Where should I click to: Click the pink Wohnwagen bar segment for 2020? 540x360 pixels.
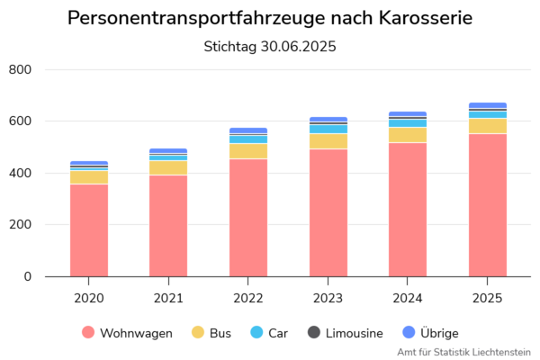coord(89,230)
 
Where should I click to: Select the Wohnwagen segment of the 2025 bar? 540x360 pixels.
coord(488,205)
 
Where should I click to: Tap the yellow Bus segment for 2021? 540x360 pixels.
coord(168,167)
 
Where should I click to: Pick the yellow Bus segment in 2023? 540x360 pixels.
coord(328,141)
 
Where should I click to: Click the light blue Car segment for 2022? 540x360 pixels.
coord(248,139)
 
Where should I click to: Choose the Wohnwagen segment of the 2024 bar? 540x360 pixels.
coord(408,210)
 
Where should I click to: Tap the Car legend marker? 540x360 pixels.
coord(256,333)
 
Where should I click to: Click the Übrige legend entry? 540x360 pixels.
coord(432,333)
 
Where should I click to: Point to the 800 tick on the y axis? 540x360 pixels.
coord(20,70)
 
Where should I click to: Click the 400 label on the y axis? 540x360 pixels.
coord(20,174)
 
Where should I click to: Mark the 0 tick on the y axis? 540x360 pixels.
coord(26,277)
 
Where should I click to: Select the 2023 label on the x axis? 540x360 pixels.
coord(328,298)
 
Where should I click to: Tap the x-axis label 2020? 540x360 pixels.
coord(89,298)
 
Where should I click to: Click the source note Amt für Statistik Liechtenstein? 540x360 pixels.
coord(463,352)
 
